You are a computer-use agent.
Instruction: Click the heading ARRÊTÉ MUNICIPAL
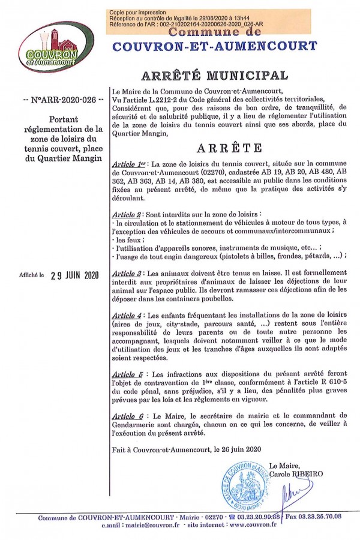point(214,75)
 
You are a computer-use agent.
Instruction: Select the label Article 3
point(127,274)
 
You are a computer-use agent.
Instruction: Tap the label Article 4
point(127,314)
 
